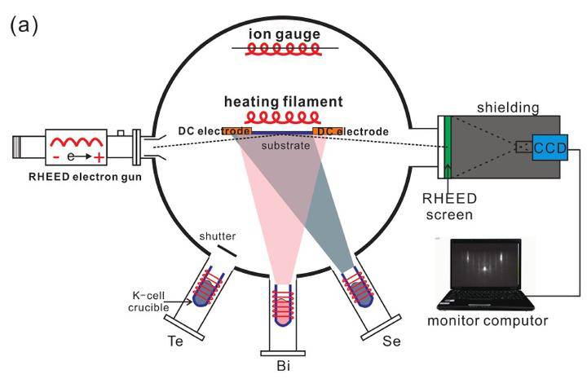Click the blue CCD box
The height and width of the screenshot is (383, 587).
click(547, 147)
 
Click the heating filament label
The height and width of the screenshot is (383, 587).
click(284, 103)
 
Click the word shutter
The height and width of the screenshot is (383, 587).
click(218, 237)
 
